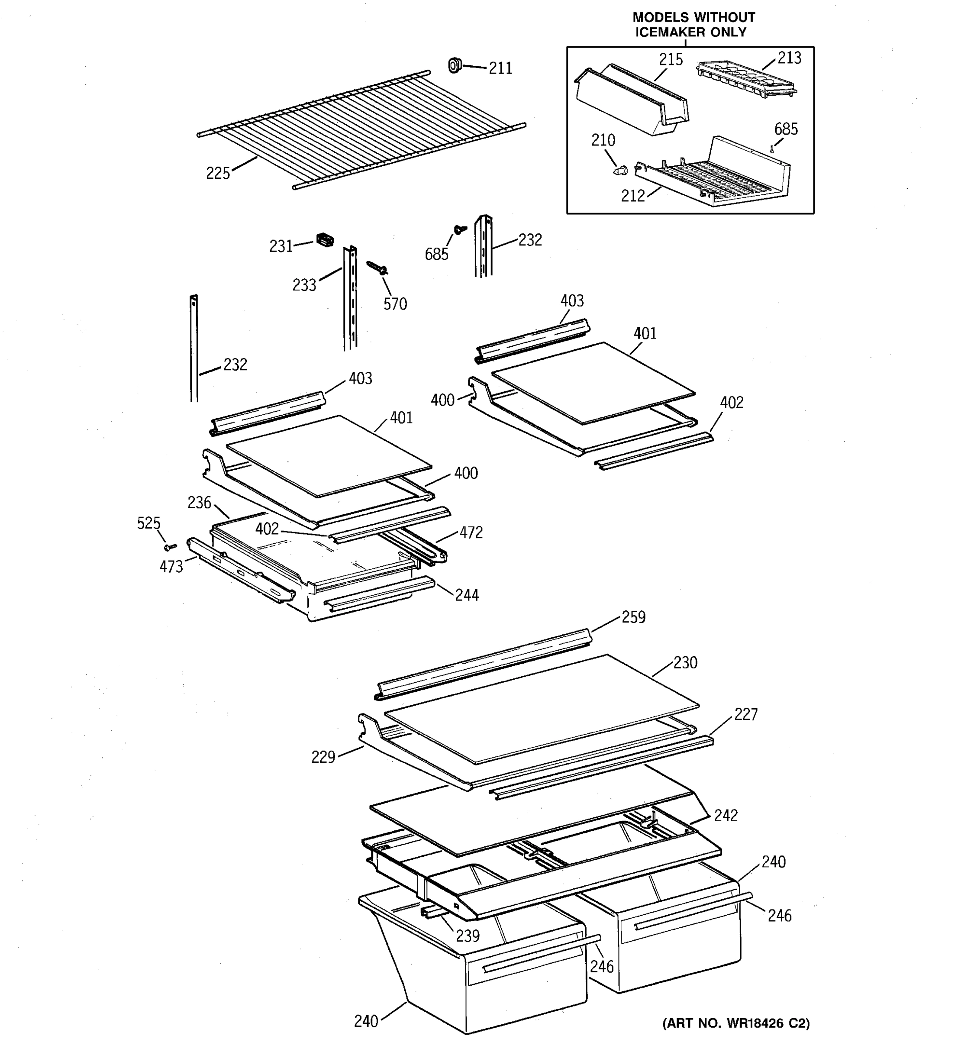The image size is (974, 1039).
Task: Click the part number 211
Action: tap(500, 68)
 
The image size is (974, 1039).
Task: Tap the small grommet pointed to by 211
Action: tap(455, 65)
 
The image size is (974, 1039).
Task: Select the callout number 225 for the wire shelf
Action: tap(218, 173)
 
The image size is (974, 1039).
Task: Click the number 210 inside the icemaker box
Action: tap(603, 140)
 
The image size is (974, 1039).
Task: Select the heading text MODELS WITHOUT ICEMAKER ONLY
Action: tap(693, 25)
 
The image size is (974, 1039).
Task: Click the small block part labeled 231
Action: tap(325, 240)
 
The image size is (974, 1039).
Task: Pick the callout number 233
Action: tap(304, 285)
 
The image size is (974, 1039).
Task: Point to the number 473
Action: tap(171, 567)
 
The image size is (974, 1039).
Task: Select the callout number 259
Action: tap(633, 617)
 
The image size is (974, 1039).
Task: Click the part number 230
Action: tap(685, 663)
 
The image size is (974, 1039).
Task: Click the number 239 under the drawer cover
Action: tap(467, 936)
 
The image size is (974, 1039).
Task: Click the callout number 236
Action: tap(199, 503)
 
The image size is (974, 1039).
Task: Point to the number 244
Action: tap(467, 595)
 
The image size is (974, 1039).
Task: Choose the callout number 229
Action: tap(323, 757)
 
